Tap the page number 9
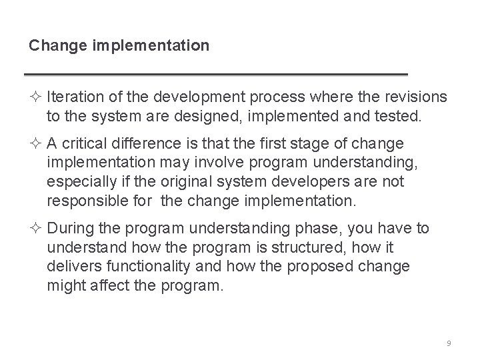click(449, 343)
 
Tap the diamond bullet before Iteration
click(35, 98)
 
